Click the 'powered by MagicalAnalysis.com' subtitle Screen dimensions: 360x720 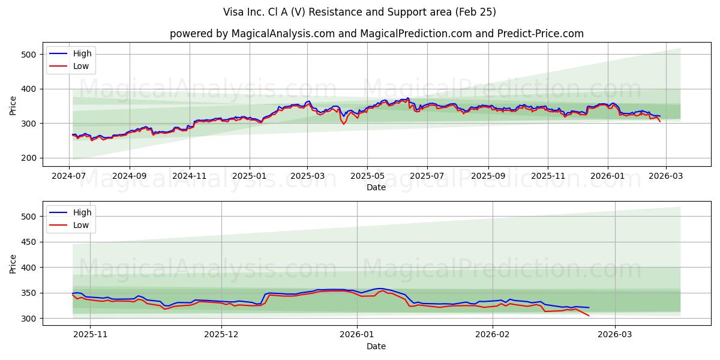376,34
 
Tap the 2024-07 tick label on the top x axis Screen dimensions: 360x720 69,176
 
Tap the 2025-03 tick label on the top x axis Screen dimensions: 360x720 307,176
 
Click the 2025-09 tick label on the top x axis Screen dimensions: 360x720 488,176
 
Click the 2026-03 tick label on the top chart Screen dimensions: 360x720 665,176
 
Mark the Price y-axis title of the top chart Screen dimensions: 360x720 13,106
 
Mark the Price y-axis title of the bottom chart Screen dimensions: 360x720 13,263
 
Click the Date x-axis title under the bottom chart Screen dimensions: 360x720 376,346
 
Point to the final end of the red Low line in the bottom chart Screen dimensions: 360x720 589,316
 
